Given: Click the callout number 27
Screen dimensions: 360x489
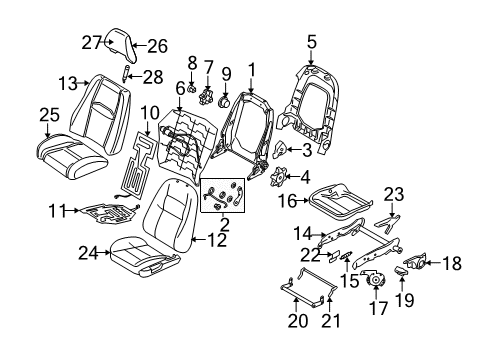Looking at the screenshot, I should point(91,42).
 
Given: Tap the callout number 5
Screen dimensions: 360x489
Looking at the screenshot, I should point(311,42).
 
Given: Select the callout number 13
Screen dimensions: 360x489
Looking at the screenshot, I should point(67,83).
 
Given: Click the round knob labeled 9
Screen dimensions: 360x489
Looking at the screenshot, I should point(225,101).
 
